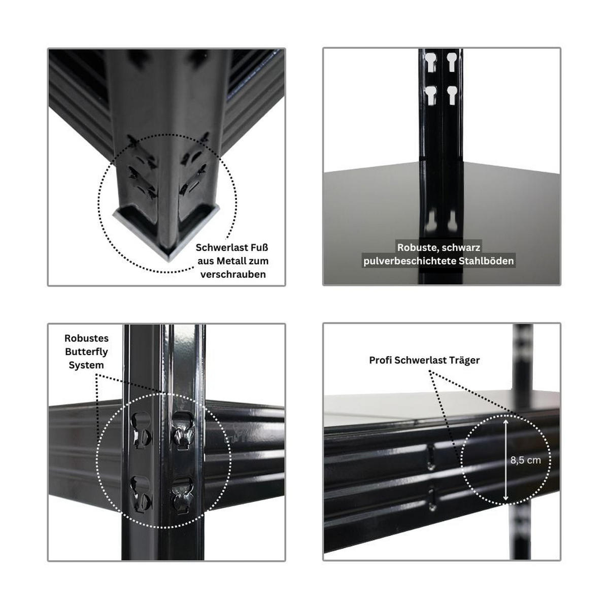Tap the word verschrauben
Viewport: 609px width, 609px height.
(x=233, y=275)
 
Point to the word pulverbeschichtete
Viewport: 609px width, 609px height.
(x=410, y=261)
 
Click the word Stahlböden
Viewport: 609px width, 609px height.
(x=486, y=261)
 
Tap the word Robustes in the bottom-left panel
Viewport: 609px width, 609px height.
(x=86, y=338)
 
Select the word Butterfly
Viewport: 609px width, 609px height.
(x=86, y=352)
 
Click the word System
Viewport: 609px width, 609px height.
(x=86, y=365)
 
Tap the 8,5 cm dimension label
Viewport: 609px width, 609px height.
(x=525, y=460)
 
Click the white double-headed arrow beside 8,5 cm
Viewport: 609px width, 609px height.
(x=505, y=460)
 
